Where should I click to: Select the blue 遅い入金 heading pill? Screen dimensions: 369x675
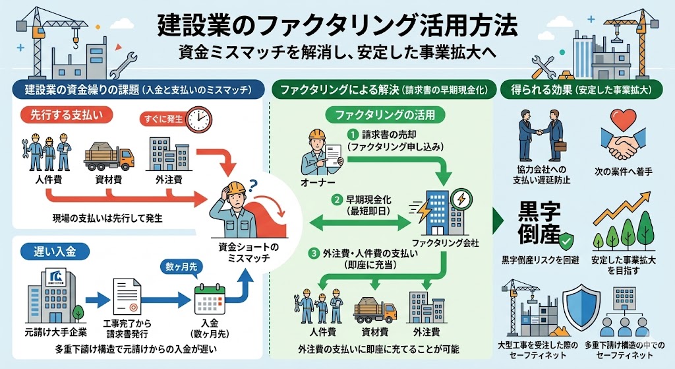[x=48, y=250]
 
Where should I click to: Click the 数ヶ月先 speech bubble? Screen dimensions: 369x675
[x=180, y=267]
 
